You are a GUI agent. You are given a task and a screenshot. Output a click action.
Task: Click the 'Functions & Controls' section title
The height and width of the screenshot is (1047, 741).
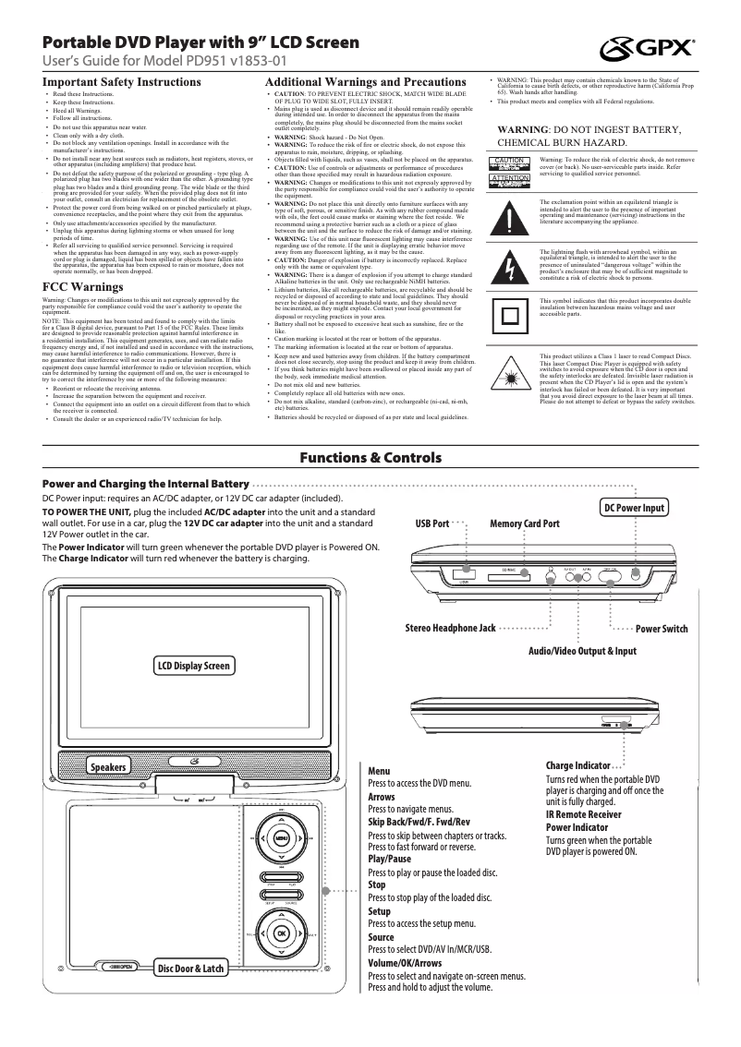370,458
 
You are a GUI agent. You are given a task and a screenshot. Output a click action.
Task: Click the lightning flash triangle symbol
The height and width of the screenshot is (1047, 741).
511,268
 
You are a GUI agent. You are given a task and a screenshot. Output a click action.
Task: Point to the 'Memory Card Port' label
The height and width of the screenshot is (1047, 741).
525,523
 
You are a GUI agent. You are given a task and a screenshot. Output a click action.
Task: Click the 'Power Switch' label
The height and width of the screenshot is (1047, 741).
662,629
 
